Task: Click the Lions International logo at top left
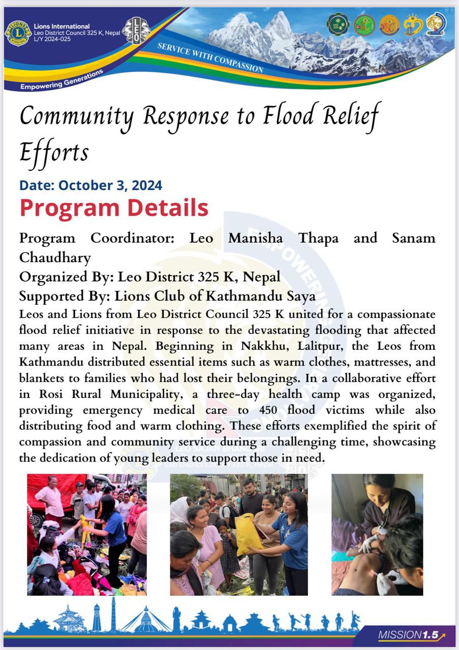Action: (18, 34)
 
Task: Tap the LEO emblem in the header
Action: (137, 30)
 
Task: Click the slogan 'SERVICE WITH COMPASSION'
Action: (210, 57)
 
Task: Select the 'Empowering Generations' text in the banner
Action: (62, 80)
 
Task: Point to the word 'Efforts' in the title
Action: (54, 152)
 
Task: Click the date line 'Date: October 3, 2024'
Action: (91, 185)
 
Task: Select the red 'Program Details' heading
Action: (114, 208)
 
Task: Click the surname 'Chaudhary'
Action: (55, 257)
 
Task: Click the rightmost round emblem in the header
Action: (436, 24)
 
